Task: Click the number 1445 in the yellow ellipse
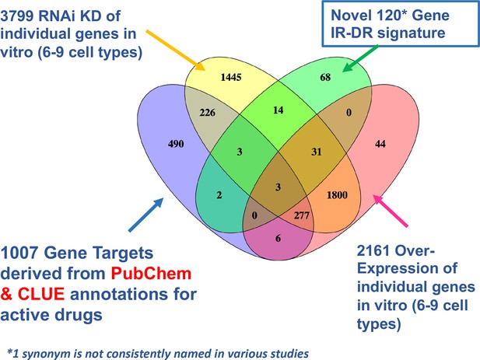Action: pyautogui.click(x=231, y=78)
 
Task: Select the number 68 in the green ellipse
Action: pyautogui.click(x=325, y=77)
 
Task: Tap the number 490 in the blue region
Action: pyautogui.click(x=176, y=144)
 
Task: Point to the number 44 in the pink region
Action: pyautogui.click(x=380, y=144)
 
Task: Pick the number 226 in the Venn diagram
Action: pyautogui.click(x=208, y=113)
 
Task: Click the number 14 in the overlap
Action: pyautogui.click(x=279, y=110)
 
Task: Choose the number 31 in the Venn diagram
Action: pyautogui.click(x=317, y=152)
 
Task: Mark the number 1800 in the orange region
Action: pyautogui.click(x=337, y=195)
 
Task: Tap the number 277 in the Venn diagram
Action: pyautogui.click(x=302, y=215)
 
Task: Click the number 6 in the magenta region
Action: pyautogui.click(x=278, y=238)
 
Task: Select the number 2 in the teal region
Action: pyautogui.click(x=219, y=195)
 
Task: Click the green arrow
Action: pyautogui.click(x=360, y=58)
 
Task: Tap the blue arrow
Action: pyautogui.click(x=146, y=215)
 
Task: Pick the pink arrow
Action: pyautogui.click(x=391, y=211)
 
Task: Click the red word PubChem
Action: pyautogui.click(x=151, y=274)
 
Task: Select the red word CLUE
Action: pyautogui.click(x=41, y=294)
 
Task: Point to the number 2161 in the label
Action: pyautogui.click(x=373, y=251)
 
